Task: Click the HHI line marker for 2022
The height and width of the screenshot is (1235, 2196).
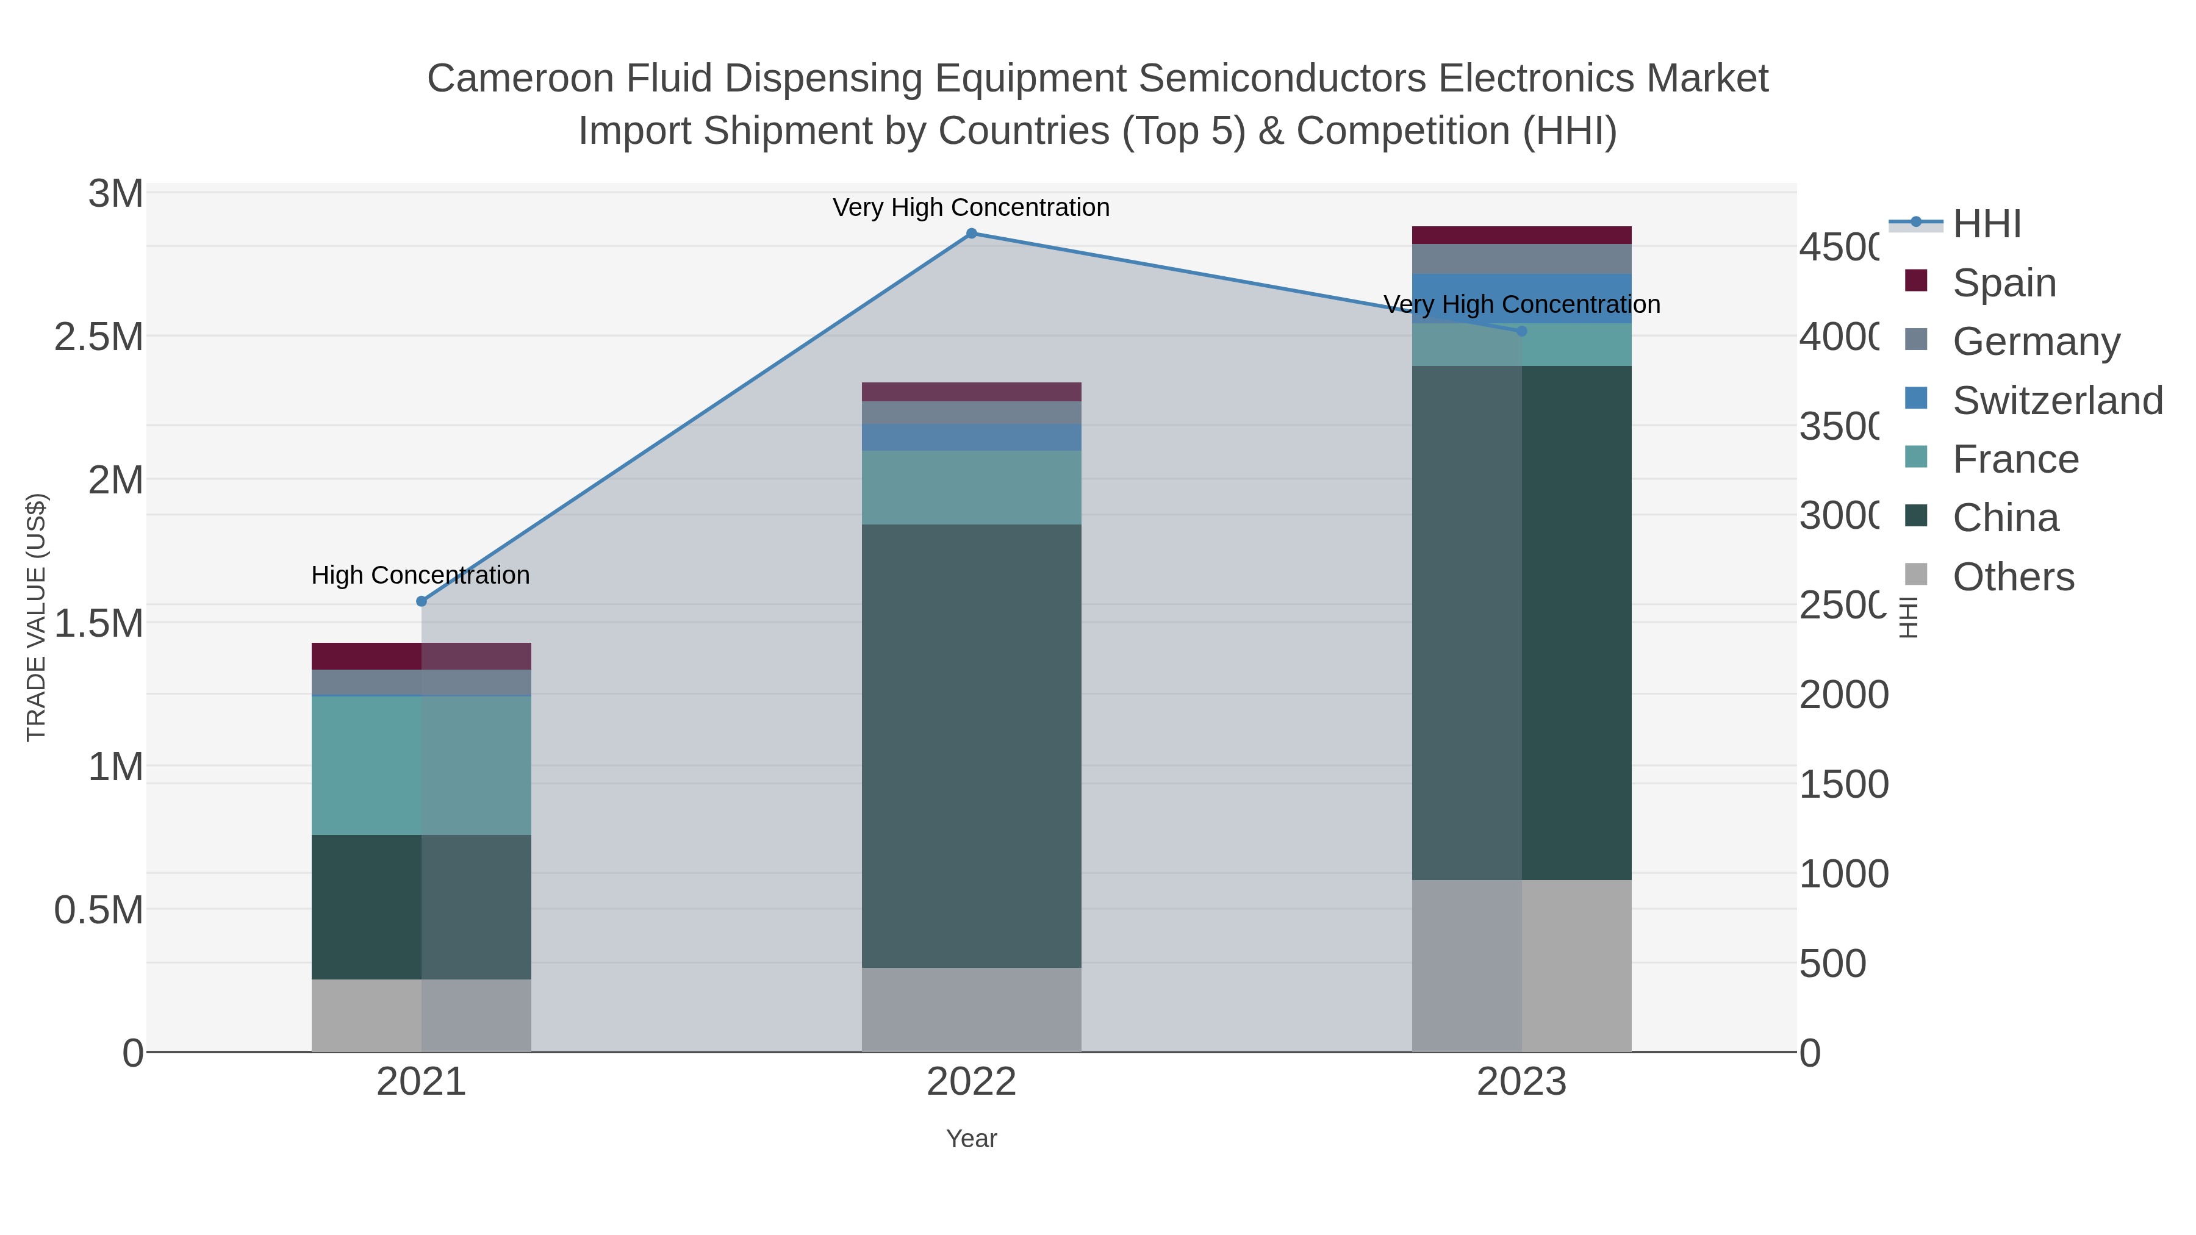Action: (971, 234)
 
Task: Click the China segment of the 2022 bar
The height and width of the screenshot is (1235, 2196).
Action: (971, 746)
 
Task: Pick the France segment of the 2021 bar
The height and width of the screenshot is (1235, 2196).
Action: (421, 765)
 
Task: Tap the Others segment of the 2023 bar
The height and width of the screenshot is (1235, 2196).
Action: (1522, 965)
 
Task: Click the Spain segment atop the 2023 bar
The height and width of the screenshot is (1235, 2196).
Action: (1522, 235)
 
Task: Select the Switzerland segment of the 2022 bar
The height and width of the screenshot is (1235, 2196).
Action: (971, 437)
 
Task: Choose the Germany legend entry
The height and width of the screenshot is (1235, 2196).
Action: (2035, 342)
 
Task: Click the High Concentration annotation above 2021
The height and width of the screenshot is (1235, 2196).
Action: (420, 575)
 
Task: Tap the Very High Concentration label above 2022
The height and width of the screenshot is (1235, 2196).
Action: (971, 208)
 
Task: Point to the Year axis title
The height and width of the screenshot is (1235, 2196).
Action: (971, 1139)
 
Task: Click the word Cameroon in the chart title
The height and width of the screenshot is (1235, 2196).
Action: (520, 79)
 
